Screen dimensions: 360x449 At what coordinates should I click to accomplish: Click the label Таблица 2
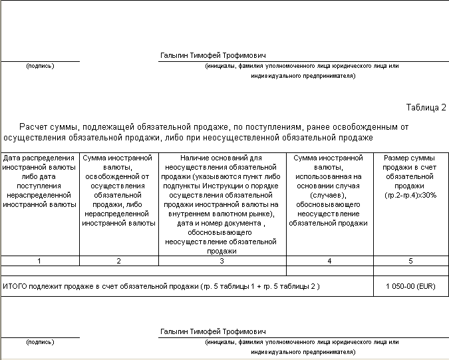(x=426, y=107)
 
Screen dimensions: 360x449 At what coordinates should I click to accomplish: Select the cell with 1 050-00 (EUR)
(x=410, y=286)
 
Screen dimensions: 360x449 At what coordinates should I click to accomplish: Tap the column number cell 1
(x=40, y=261)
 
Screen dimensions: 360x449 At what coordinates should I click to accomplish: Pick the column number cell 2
(x=118, y=261)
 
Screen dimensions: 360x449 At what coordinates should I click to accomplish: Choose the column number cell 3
(x=222, y=261)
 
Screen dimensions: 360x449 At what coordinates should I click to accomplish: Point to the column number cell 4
(x=329, y=261)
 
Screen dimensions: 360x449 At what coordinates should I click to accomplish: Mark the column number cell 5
(x=410, y=261)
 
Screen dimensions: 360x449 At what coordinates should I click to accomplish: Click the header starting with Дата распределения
(x=40, y=181)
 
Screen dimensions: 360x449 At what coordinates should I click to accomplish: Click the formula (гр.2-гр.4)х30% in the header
(x=410, y=196)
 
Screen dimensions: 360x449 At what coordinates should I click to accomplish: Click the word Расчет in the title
(x=33, y=126)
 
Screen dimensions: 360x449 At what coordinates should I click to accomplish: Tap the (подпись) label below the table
(x=40, y=342)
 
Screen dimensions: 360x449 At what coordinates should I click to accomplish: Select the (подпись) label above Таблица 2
(x=40, y=66)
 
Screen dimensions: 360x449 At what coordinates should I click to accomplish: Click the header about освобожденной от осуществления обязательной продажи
(x=118, y=190)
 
